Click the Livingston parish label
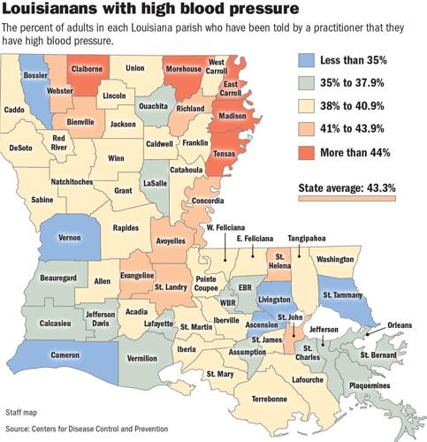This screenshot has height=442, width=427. (281, 300)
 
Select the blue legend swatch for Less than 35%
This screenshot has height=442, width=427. (302, 65)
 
